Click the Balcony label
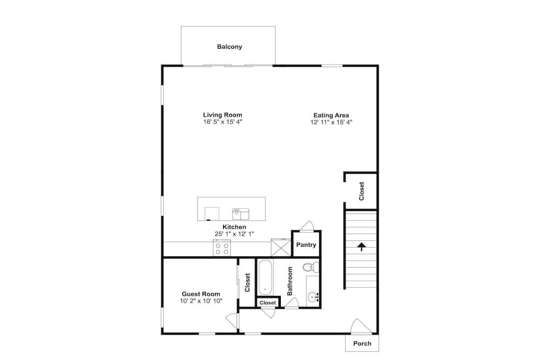click(x=230, y=46)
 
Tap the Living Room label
click(x=222, y=115)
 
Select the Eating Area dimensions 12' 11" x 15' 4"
click(x=332, y=122)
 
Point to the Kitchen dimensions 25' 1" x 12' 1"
click(x=234, y=234)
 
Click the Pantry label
click(x=306, y=244)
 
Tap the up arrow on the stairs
click(x=361, y=247)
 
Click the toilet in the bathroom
click(x=311, y=267)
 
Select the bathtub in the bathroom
click(x=265, y=277)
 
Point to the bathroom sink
click(x=313, y=296)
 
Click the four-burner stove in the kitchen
click(x=222, y=248)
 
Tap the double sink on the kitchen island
click(x=241, y=214)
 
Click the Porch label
click(x=362, y=343)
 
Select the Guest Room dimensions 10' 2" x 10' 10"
click(x=201, y=301)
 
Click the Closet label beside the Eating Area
click(x=361, y=191)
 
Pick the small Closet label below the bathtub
click(x=268, y=303)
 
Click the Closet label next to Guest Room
click(x=247, y=283)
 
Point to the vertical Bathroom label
click(x=289, y=281)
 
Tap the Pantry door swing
click(x=307, y=226)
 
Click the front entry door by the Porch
click(x=361, y=327)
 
